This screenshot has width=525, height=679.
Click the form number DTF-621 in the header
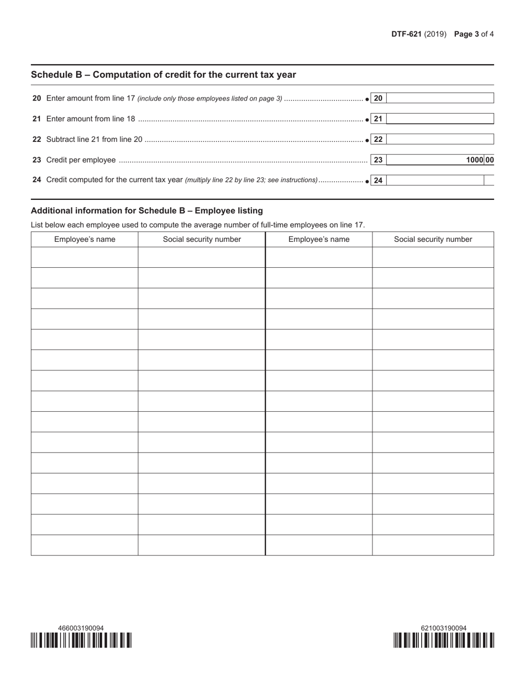click(x=406, y=34)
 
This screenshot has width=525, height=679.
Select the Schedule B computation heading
click(x=164, y=75)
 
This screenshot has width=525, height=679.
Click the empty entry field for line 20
click(x=440, y=98)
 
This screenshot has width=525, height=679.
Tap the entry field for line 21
click(x=440, y=119)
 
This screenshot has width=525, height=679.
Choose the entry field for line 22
click(x=440, y=139)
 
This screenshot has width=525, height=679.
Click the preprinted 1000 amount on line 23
click(x=474, y=160)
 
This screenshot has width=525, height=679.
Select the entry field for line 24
click(x=435, y=180)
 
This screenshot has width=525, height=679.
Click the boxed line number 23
click(x=379, y=160)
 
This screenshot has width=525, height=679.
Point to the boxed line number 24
click(x=379, y=181)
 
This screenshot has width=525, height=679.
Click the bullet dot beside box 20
click(x=368, y=99)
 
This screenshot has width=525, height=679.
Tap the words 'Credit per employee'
click(x=81, y=160)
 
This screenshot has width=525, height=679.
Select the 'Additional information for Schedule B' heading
click(x=147, y=211)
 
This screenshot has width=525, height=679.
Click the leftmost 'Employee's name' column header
click(x=85, y=240)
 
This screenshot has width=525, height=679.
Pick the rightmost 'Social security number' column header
click(x=433, y=240)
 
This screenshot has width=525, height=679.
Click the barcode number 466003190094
click(x=81, y=628)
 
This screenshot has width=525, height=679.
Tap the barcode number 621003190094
click(x=444, y=628)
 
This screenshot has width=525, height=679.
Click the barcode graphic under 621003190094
click(x=444, y=640)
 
